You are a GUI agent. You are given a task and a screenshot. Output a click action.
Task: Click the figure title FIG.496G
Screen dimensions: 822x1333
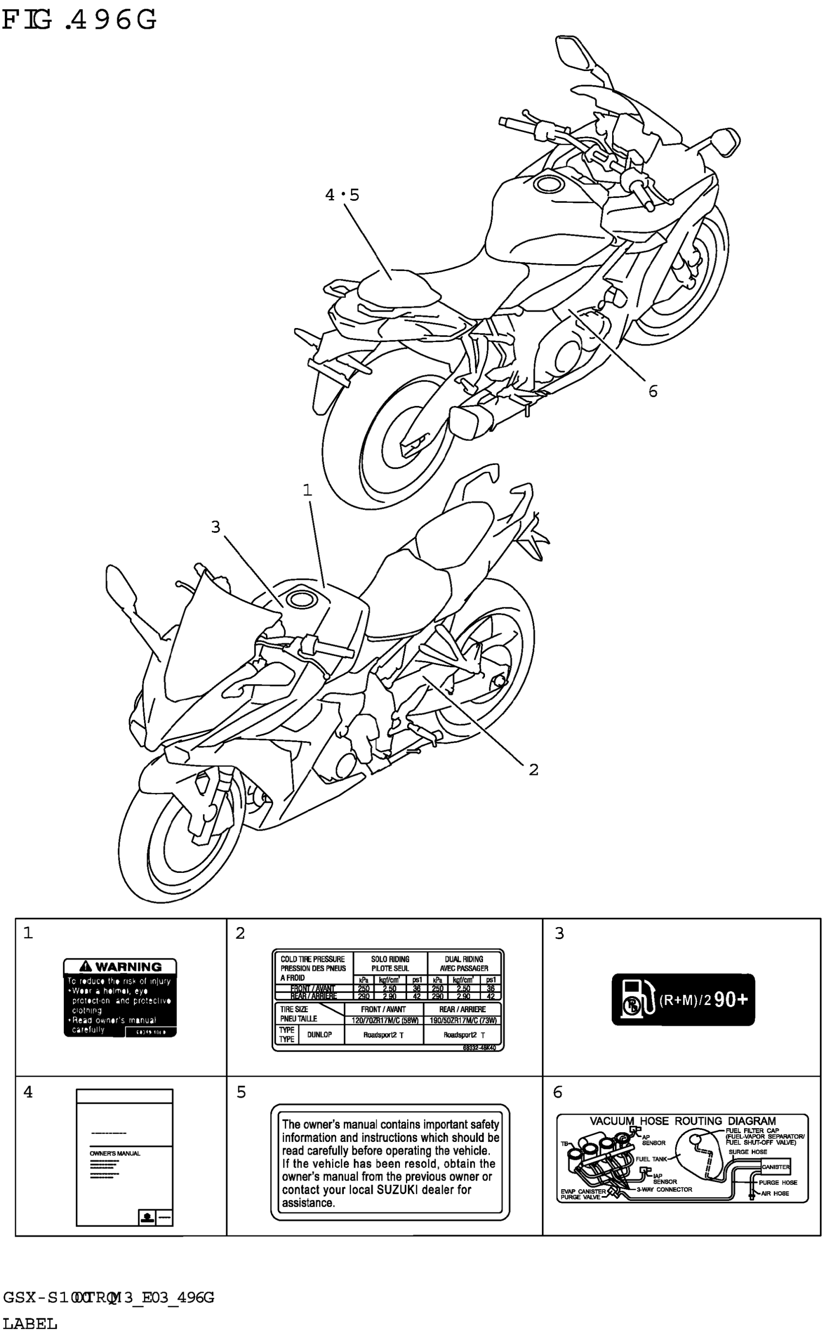tap(79, 20)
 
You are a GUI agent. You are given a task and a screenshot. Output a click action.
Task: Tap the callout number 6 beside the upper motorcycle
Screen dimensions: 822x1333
tap(653, 391)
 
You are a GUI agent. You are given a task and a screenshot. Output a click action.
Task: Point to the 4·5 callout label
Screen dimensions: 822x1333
tap(342, 195)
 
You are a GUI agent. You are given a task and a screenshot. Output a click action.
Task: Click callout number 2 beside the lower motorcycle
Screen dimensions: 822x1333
tap(533, 770)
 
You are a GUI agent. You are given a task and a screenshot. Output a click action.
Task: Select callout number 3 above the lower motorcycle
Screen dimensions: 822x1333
tap(216, 526)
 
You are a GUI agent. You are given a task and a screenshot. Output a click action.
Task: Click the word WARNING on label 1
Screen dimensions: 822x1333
tap(128, 966)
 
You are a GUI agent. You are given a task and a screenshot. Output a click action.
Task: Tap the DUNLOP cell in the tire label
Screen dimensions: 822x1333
tap(319, 1034)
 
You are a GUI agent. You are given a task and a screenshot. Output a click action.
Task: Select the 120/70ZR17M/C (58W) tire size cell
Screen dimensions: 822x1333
tap(384, 1020)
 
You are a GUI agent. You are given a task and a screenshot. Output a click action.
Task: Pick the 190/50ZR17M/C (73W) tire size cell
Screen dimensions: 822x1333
tap(463, 1020)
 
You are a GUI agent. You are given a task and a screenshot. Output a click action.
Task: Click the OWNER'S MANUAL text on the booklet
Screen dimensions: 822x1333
tap(115, 1153)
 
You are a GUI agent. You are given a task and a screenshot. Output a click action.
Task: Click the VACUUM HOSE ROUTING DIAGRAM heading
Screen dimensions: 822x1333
tap(683, 1121)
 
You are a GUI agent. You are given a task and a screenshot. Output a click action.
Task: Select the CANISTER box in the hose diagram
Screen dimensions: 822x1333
tap(775, 1167)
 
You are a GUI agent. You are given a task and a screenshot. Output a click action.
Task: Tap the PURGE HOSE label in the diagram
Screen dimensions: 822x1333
tap(778, 1183)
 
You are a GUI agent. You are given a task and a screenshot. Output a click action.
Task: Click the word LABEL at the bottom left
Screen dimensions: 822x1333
tap(30, 1323)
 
